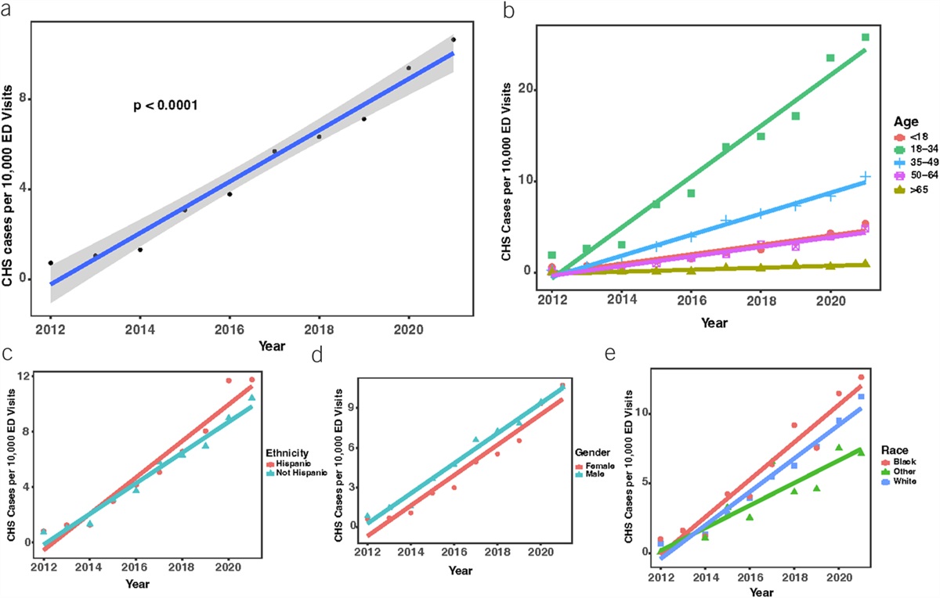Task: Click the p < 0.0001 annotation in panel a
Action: (167, 104)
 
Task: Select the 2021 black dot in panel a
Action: (454, 39)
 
